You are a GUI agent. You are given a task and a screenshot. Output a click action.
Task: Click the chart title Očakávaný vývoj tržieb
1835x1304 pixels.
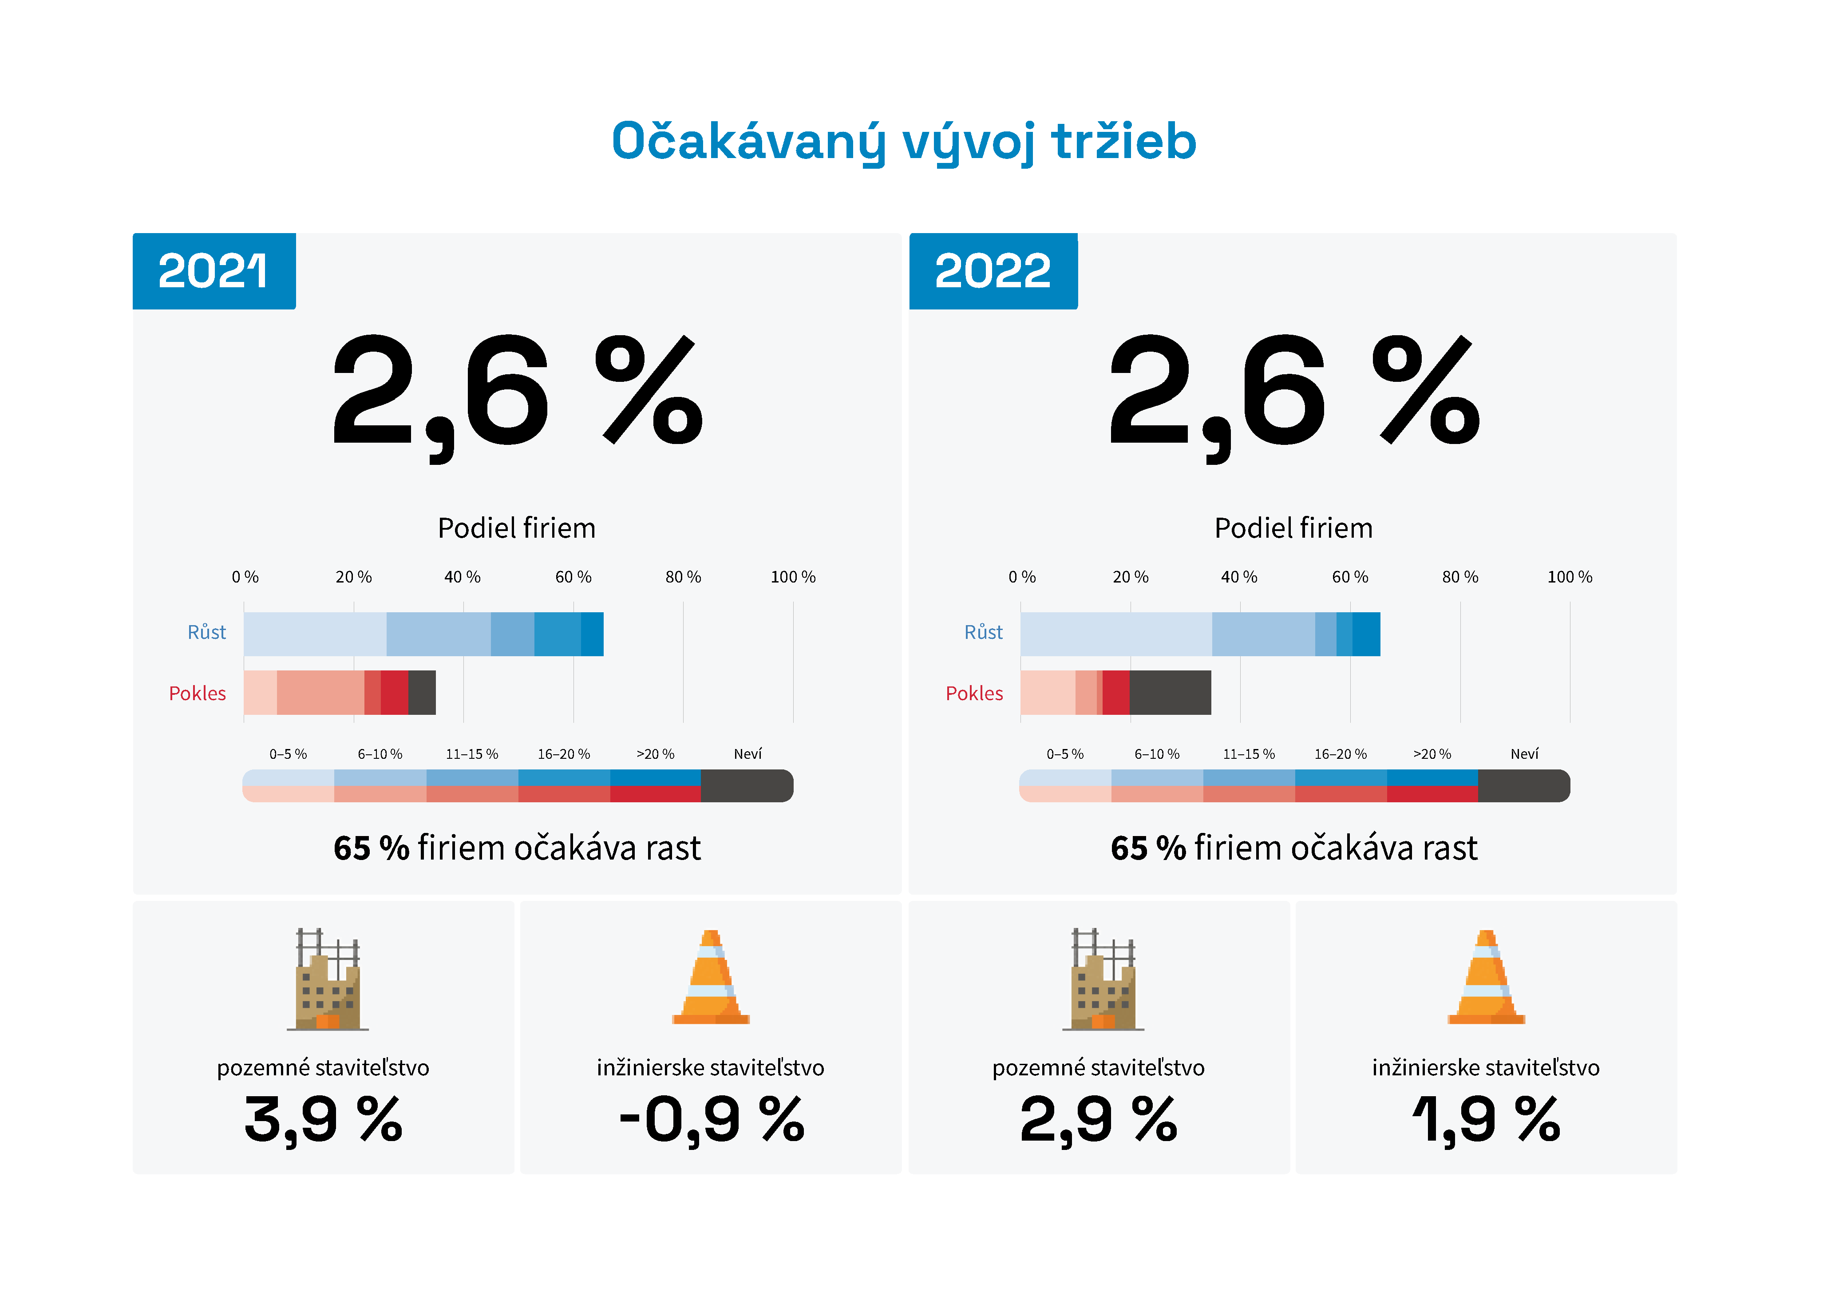[x=904, y=142]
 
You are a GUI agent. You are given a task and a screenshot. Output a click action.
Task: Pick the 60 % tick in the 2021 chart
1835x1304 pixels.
[x=573, y=577]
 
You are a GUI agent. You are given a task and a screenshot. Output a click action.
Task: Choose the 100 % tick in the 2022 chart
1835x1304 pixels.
[x=1569, y=577]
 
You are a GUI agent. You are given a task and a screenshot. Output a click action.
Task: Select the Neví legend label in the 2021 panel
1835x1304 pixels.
[x=747, y=754]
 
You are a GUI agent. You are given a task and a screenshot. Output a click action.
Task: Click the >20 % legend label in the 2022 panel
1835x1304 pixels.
[x=1432, y=754]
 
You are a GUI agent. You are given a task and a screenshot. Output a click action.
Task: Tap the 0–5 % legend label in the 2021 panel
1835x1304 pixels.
[x=288, y=754]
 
